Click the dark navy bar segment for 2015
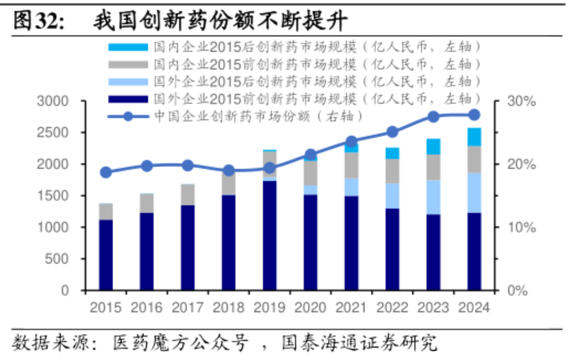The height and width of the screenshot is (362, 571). [x=106, y=255]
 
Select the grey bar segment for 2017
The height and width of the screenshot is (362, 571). [x=188, y=195]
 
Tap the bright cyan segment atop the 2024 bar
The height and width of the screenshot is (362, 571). [x=474, y=137]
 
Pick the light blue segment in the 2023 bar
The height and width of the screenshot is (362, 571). [x=433, y=197]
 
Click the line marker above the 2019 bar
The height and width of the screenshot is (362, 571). [x=270, y=168]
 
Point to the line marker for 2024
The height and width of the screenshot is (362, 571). [x=474, y=115]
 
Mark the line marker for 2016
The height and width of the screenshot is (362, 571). [x=147, y=166]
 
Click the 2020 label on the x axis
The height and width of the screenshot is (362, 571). [x=310, y=308]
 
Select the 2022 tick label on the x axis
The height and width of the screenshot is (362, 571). [x=392, y=308]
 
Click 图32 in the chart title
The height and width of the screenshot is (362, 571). [x=37, y=22]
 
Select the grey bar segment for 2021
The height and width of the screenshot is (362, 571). [x=351, y=165]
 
